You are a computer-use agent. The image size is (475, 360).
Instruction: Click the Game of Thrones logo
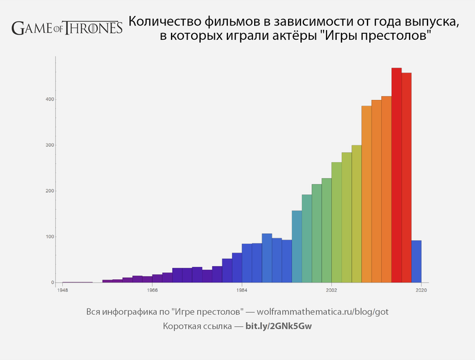tap(66, 27)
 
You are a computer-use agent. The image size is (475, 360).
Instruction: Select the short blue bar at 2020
tap(417, 261)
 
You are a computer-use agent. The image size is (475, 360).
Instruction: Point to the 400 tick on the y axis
tap(51, 99)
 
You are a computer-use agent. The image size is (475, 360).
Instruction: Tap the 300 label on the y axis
tap(51, 145)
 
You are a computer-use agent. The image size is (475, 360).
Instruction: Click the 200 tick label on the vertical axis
tap(51, 191)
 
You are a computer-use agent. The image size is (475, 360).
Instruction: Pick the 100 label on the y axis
tap(51, 236)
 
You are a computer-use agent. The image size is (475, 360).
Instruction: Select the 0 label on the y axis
tap(53, 283)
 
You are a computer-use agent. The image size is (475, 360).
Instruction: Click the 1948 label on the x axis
tap(62, 290)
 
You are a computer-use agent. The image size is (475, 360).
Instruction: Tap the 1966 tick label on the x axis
tap(152, 290)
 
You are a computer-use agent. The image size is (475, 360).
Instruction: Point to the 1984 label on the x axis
tap(242, 290)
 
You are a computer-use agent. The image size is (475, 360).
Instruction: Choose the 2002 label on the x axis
tap(331, 290)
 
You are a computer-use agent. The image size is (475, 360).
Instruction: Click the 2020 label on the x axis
tap(421, 290)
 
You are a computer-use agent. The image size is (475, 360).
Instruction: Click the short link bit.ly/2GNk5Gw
tap(278, 326)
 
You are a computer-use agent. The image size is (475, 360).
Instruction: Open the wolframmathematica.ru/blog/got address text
tap(322, 312)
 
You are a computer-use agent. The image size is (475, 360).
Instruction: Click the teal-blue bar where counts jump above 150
tap(297, 247)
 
